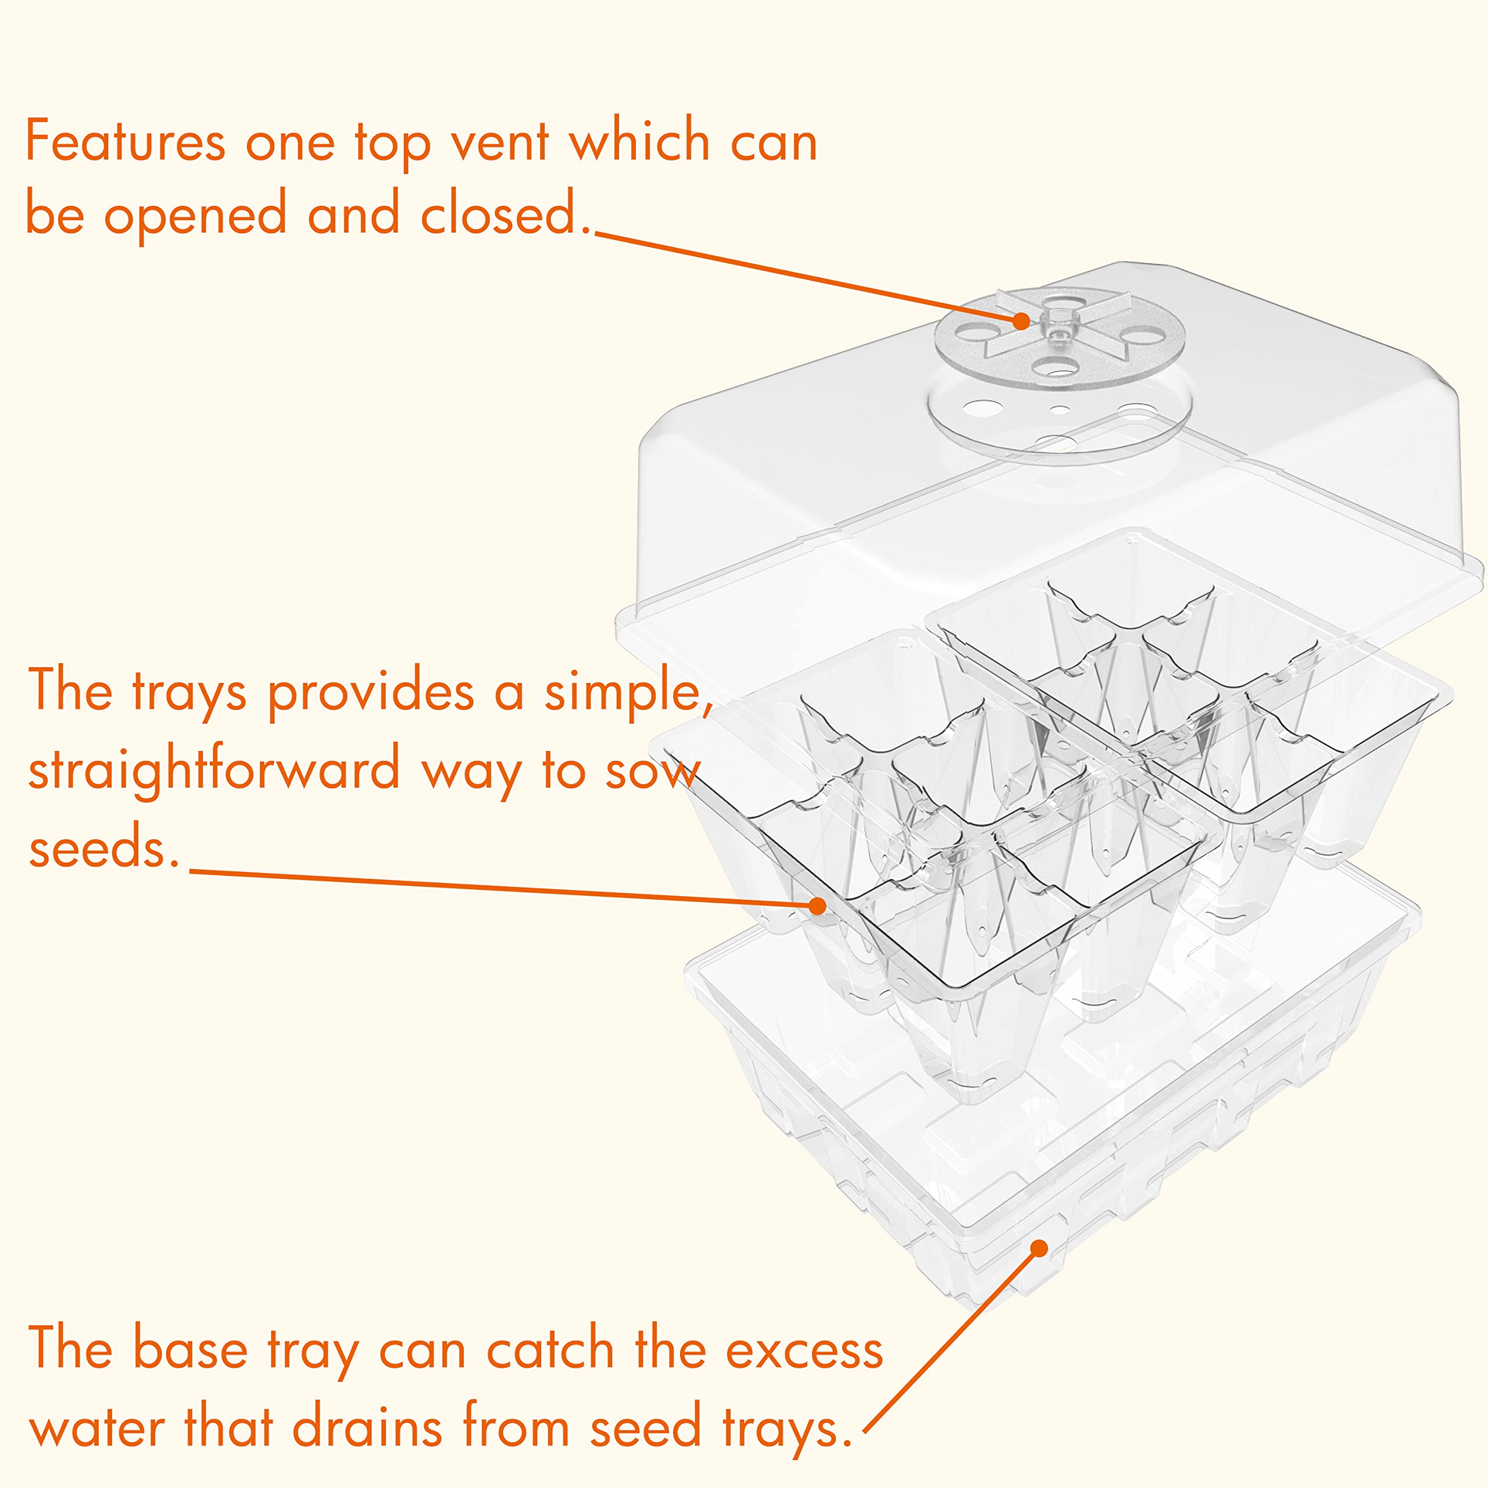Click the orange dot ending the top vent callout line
click(x=1021, y=320)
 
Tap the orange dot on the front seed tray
click(x=817, y=905)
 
